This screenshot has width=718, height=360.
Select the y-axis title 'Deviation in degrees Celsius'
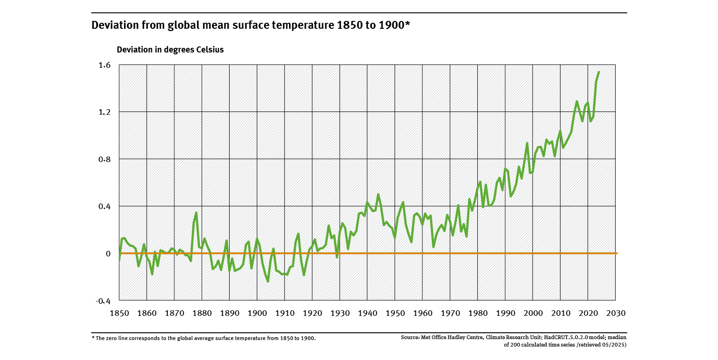coord(170,50)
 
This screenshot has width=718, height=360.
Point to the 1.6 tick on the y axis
coord(105,65)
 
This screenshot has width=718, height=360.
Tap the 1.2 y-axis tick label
coord(105,112)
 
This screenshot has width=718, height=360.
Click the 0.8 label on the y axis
coord(105,159)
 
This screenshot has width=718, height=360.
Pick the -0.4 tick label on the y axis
coord(103,301)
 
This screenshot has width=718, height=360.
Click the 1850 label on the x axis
coord(119,313)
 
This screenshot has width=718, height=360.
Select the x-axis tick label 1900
coord(257,313)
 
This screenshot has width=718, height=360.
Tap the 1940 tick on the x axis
coord(367,313)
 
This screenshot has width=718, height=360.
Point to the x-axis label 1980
coord(478,313)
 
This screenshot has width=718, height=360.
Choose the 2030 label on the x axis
coord(616,313)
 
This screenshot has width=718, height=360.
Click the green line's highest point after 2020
coord(599,72)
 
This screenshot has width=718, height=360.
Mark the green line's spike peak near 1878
coord(197,213)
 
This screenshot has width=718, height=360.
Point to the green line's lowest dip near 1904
coord(268,281)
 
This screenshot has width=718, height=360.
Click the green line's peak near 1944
coord(378,194)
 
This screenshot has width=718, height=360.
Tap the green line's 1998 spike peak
coord(527,143)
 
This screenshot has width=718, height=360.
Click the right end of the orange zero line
coord(617,253)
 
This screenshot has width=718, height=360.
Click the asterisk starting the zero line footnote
coord(93,338)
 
